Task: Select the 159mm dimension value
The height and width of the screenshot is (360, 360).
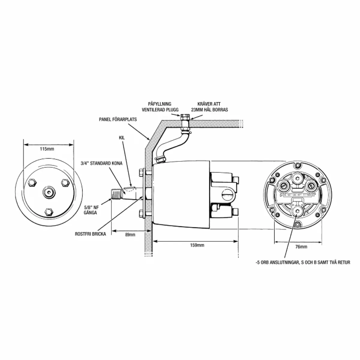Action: click(197, 245)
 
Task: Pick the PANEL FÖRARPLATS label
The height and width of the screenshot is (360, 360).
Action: click(118, 119)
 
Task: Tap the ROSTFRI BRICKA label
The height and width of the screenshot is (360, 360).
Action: click(91, 234)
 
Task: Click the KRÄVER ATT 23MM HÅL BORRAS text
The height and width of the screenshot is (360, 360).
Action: click(209, 107)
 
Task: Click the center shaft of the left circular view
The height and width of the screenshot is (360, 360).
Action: click(48, 191)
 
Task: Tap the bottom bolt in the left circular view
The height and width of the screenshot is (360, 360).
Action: click(48, 212)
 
